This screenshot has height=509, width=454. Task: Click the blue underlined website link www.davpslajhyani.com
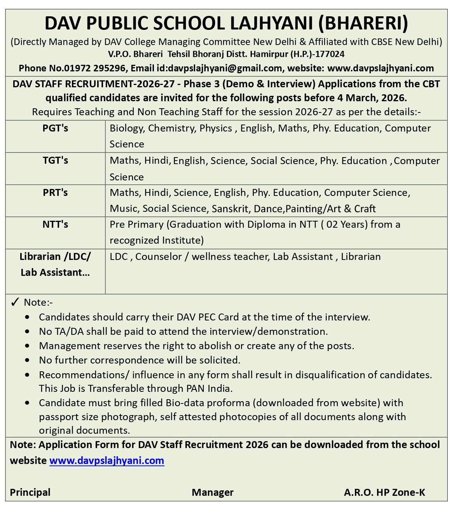point(107,461)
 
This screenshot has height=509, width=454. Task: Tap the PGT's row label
point(55,128)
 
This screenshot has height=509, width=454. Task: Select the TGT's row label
point(55,160)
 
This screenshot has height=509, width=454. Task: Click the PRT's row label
point(55,192)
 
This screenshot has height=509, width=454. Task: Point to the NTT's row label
point(55,224)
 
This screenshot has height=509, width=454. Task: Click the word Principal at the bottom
point(30,492)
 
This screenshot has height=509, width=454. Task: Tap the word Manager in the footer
point(213,492)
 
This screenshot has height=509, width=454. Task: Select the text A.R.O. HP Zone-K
point(384,492)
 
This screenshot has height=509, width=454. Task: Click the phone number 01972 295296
point(97,68)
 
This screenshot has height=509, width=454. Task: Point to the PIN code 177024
point(331,54)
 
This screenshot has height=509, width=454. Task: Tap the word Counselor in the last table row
point(157,256)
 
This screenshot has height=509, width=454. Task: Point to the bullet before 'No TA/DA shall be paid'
point(27,332)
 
